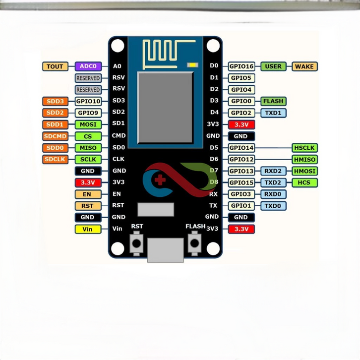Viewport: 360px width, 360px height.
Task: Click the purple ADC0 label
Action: pos(88,66)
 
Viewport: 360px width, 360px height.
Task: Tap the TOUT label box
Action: pos(56,66)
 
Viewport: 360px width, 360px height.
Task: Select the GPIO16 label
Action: pos(241,66)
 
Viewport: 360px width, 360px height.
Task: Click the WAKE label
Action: pos(304,66)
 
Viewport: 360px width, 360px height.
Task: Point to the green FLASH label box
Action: pos(273,101)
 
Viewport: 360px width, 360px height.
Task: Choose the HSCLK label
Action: pos(304,148)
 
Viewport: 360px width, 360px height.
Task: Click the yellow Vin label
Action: pos(88,229)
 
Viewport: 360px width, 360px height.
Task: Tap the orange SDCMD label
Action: pos(56,136)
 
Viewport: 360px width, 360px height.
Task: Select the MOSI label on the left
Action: pos(88,124)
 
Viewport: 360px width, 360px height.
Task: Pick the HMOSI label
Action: pos(304,171)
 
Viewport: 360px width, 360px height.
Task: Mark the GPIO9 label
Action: pos(88,113)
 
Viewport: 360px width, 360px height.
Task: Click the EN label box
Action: pos(88,194)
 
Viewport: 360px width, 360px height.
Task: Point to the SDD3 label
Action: pos(56,101)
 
